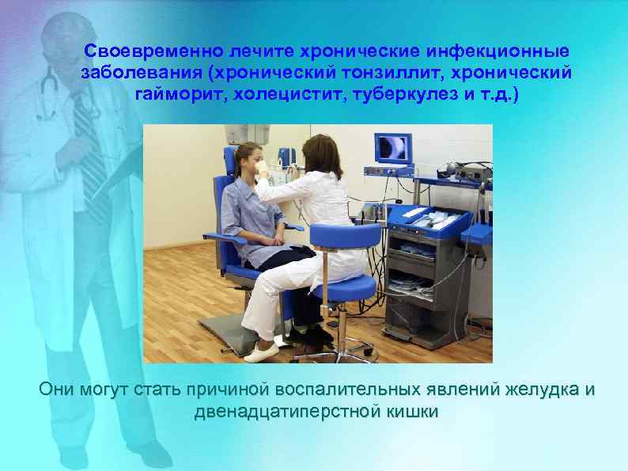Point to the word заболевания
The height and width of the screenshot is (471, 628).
[139, 74]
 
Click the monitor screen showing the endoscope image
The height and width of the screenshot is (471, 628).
[392, 148]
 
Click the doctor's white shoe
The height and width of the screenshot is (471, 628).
[263, 351]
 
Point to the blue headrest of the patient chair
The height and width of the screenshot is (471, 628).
[233, 158]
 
